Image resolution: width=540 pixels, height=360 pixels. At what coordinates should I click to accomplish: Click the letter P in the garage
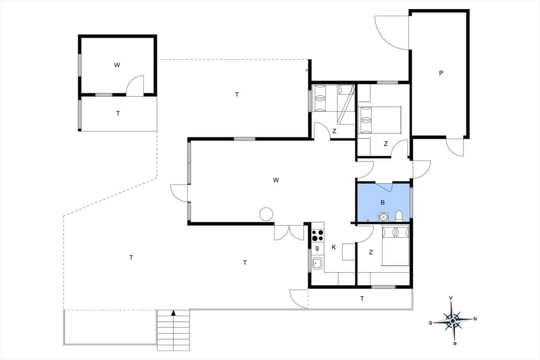pos(441,73)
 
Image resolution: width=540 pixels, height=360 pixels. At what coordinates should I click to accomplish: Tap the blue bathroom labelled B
pos(382,202)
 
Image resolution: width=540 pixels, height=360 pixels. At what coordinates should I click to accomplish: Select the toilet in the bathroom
pos(399,216)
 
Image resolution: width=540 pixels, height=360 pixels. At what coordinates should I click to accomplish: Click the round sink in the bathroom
pos(384,216)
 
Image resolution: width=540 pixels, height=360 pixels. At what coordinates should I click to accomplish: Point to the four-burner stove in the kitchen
pos(318,233)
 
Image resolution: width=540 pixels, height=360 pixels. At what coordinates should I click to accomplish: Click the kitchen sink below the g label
pos(317,262)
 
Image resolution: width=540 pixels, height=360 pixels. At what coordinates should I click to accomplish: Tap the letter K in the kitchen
pos(334,247)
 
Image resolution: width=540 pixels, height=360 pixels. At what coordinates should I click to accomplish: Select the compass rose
pos(453,320)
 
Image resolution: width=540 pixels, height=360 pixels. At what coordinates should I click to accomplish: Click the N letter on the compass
pos(475,319)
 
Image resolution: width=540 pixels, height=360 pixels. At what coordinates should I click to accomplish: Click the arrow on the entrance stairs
pos(174,312)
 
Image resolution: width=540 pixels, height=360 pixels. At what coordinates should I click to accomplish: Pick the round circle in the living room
pos(265,214)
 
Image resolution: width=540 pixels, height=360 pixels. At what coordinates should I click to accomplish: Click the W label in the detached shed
pos(117,65)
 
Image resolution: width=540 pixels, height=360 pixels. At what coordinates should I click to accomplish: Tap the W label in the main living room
pos(276,181)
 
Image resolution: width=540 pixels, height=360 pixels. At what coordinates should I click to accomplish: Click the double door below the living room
pos(289,232)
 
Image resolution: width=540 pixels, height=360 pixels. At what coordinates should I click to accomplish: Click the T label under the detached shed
pos(118,114)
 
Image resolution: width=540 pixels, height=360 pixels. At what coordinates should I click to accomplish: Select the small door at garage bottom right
pos(455,147)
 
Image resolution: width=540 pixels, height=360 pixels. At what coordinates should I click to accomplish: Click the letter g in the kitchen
pos(317,247)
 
